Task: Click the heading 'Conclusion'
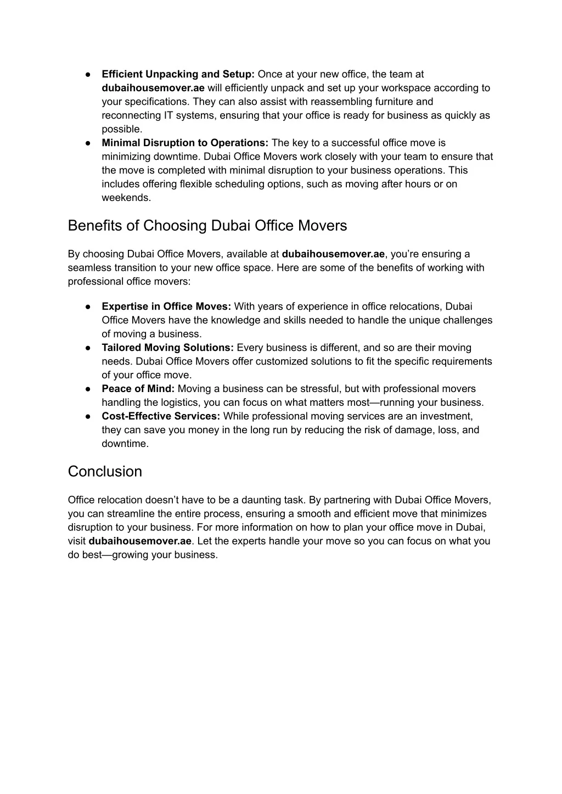point(105,472)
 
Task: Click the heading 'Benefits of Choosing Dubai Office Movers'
point(207,226)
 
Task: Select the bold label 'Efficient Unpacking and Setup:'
point(178,74)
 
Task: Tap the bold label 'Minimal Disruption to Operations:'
point(185,143)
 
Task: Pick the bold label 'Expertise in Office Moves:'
point(167,306)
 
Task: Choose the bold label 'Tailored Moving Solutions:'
point(168,348)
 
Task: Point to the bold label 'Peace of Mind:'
point(138,389)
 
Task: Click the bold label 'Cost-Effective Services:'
point(161,416)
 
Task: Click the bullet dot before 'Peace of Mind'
point(88,389)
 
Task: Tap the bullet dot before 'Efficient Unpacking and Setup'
point(88,74)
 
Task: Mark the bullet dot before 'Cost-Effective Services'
point(88,416)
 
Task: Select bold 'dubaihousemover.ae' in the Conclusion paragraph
point(140,541)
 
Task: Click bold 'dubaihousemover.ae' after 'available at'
point(333,254)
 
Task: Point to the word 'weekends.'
point(126,198)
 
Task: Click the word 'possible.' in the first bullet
point(122,129)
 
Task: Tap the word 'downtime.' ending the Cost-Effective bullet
point(125,444)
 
